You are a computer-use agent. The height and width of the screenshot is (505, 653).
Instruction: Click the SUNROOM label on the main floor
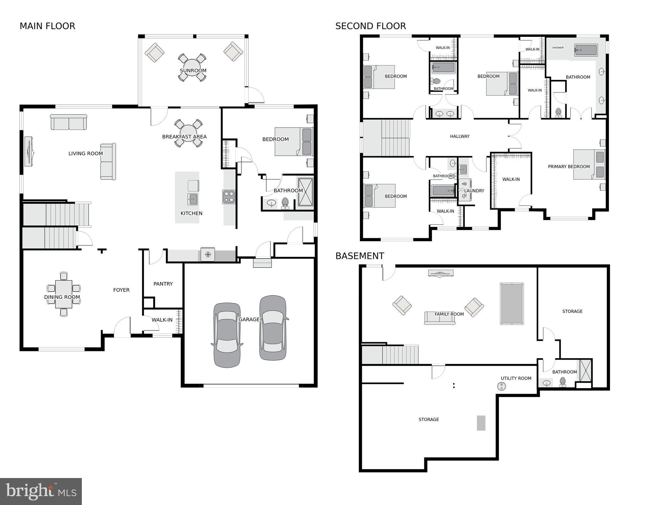[x=193, y=71]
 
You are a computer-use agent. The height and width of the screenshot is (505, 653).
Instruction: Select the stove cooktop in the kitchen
[x=229, y=197]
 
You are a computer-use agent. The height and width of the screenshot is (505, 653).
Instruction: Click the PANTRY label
[x=163, y=284]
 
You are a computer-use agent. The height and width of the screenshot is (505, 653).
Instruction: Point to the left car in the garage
[x=227, y=335]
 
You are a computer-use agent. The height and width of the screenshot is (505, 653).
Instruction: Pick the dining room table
[x=64, y=294]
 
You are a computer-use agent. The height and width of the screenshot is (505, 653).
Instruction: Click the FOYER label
[x=121, y=290]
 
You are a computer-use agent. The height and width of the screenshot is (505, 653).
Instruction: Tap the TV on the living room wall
[x=29, y=151]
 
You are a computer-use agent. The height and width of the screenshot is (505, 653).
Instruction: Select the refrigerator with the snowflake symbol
[x=208, y=254]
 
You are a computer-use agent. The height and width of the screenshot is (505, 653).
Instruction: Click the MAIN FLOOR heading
[x=47, y=26]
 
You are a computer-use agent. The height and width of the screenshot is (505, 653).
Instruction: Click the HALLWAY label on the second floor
[x=459, y=137]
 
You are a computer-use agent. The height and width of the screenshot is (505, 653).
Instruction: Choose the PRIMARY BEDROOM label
[x=569, y=167]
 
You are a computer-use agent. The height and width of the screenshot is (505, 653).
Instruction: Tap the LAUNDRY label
[x=474, y=191]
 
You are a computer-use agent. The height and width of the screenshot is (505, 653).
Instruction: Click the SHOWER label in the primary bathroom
[x=558, y=48]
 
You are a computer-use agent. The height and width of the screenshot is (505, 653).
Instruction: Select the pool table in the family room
[x=512, y=304]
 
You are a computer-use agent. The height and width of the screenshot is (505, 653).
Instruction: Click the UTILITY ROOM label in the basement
[x=516, y=378]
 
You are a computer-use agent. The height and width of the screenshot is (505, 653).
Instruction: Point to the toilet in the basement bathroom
[x=563, y=382]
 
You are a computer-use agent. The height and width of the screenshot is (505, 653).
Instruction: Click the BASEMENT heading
[x=360, y=256]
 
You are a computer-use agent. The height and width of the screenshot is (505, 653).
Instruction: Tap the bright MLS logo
[x=41, y=492]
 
